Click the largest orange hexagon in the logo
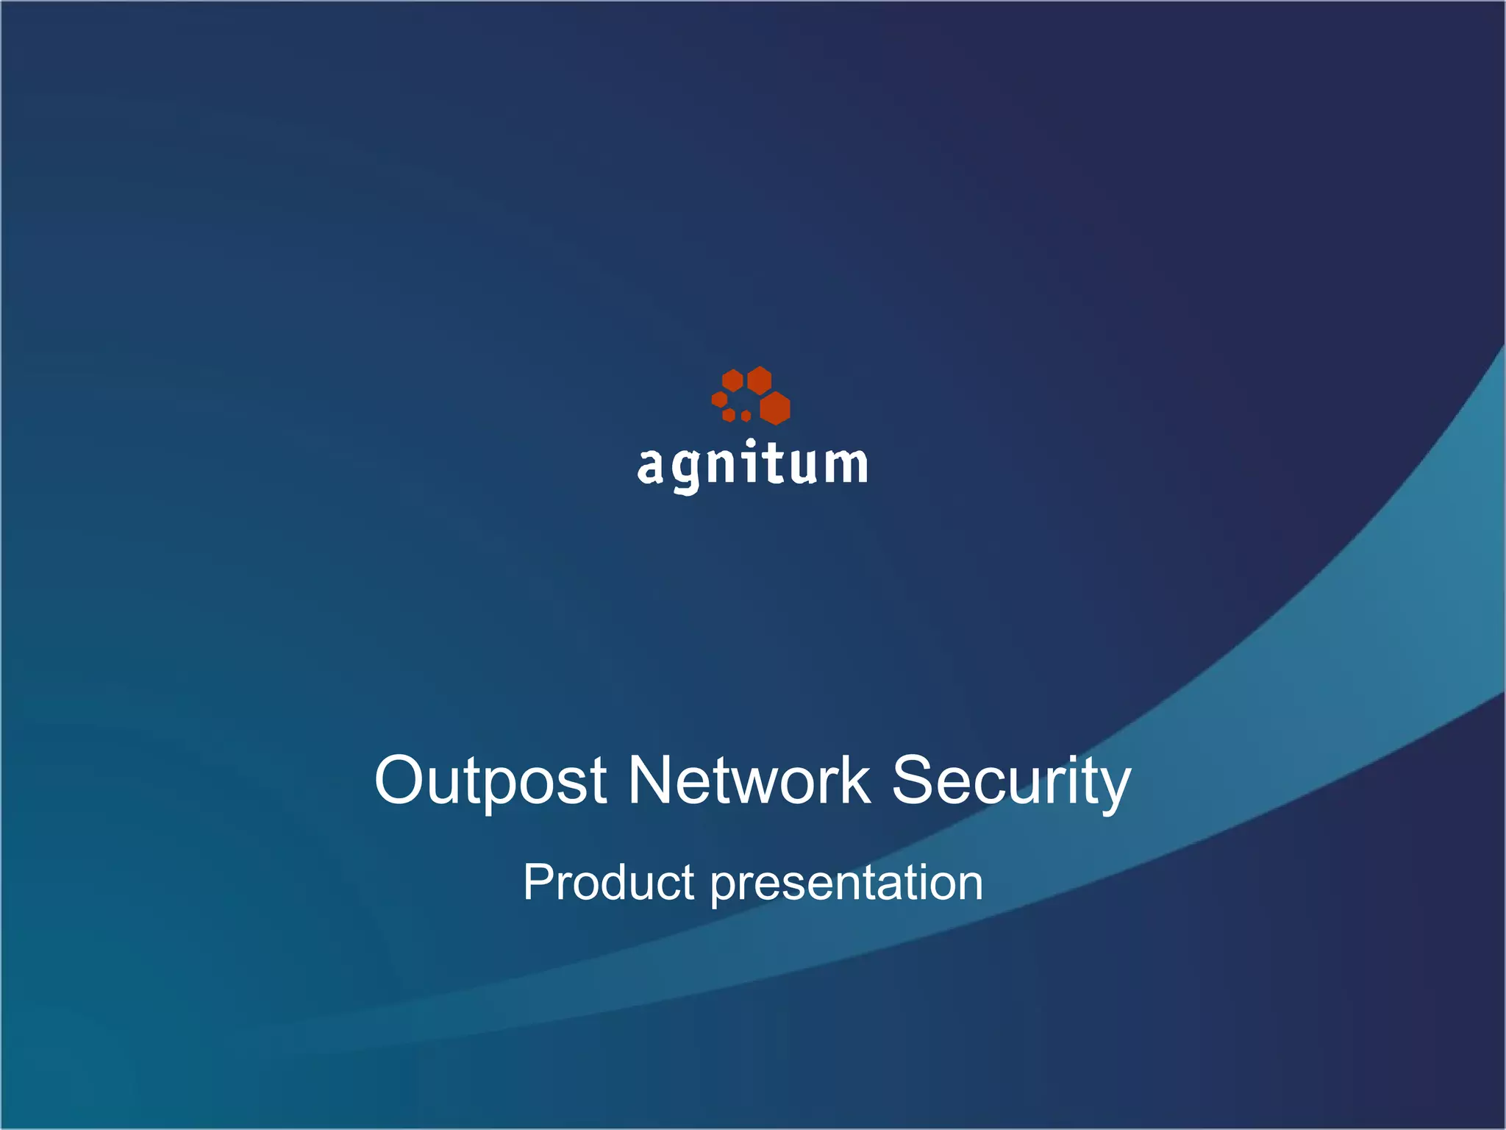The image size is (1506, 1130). [774, 408]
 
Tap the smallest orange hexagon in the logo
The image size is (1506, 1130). [746, 416]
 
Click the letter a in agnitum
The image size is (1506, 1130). [651, 466]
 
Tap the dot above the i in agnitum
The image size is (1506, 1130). [750, 443]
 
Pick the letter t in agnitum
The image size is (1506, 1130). [773, 463]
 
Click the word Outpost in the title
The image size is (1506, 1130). [490, 781]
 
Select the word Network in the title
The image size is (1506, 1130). [749, 781]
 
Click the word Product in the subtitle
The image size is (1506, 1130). [608, 882]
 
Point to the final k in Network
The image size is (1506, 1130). [854, 780]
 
